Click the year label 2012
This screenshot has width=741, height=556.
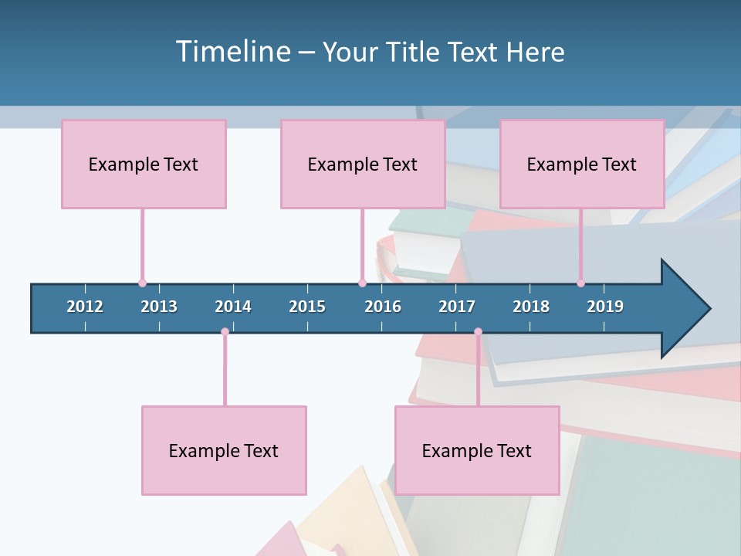pyautogui.click(x=85, y=307)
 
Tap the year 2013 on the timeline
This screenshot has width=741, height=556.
pyautogui.click(x=159, y=307)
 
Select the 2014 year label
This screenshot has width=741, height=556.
pyautogui.click(x=233, y=307)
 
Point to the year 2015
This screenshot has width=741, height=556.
pyautogui.click(x=307, y=307)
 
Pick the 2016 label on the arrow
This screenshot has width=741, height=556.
pyautogui.click(x=383, y=307)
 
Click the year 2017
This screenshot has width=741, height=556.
pyautogui.click(x=457, y=307)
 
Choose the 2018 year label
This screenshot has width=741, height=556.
pyautogui.click(x=531, y=307)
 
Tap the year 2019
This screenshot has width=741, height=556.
pyautogui.click(x=605, y=307)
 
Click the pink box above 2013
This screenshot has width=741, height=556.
pyautogui.click(x=144, y=164)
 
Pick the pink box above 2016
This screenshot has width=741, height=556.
pyautogui.click(x=363, y=164)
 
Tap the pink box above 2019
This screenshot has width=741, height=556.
pyautogui.click(x=582, y=164)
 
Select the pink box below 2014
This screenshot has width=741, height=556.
pyautogui.click(x=224, y=450)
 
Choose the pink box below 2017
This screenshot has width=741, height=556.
pyautogui.click(x=477, y=450)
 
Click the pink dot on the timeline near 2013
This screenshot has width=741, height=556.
pyautogui.click(x=142, y=283)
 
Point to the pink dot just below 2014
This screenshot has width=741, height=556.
pyautogui.click(x=225, y=332)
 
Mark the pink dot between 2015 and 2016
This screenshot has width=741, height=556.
pyautogui.click(x=362, y=283)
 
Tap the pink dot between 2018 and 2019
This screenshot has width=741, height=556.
pyautogui.click(x=580, y=283)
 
